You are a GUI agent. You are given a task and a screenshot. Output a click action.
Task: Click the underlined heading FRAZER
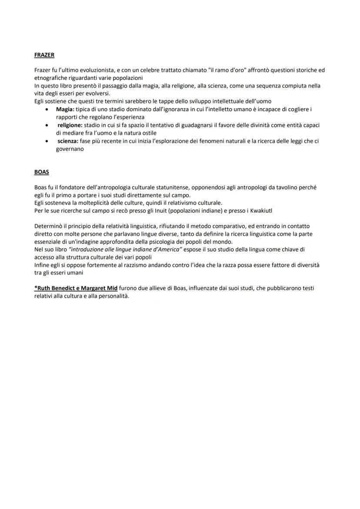[44, 55]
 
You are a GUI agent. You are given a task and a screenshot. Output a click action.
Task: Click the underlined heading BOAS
[41, 172]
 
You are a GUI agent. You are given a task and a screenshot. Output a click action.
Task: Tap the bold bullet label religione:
[70, 125]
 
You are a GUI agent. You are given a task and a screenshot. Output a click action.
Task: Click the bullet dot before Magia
[47, 110]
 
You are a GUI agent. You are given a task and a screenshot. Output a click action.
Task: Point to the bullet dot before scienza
[47, 141]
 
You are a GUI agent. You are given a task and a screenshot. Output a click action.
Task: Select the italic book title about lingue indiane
[123, 250]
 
